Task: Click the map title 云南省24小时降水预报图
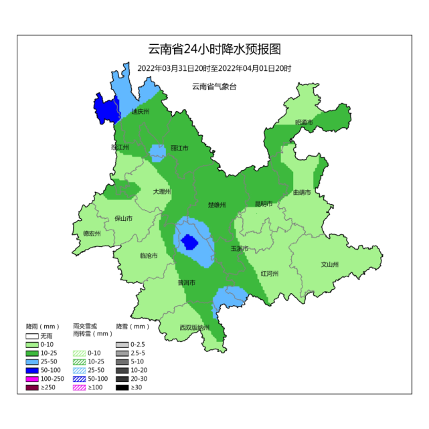[214, 50]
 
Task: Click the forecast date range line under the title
[214, 68]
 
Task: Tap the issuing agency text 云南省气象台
[214, 86]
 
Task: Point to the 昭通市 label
[304, 122]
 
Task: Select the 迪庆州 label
[141, 112]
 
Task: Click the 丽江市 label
[179, 148]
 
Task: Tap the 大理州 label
[161, 191]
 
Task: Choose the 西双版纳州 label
[195, 327]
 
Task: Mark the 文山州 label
[331, 264]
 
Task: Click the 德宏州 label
[92, 234]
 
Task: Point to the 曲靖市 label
[303, 193]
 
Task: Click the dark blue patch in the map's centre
[189, 241]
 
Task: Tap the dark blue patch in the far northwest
[104, 109]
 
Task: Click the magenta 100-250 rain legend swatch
[33, 378]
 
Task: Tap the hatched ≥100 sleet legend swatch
[79, 387]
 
